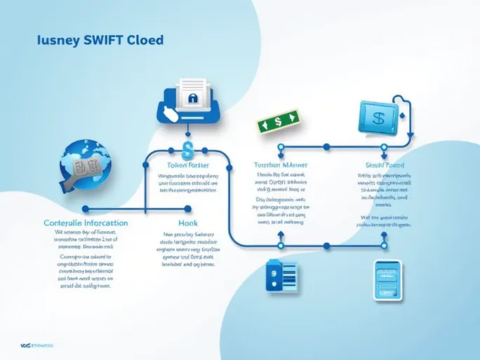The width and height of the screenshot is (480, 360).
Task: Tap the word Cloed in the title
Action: point(146,40)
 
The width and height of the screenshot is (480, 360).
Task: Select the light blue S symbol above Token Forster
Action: point(187,149)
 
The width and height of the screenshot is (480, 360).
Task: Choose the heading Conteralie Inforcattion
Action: point(86,222)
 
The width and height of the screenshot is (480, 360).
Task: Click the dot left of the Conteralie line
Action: point(85,209)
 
